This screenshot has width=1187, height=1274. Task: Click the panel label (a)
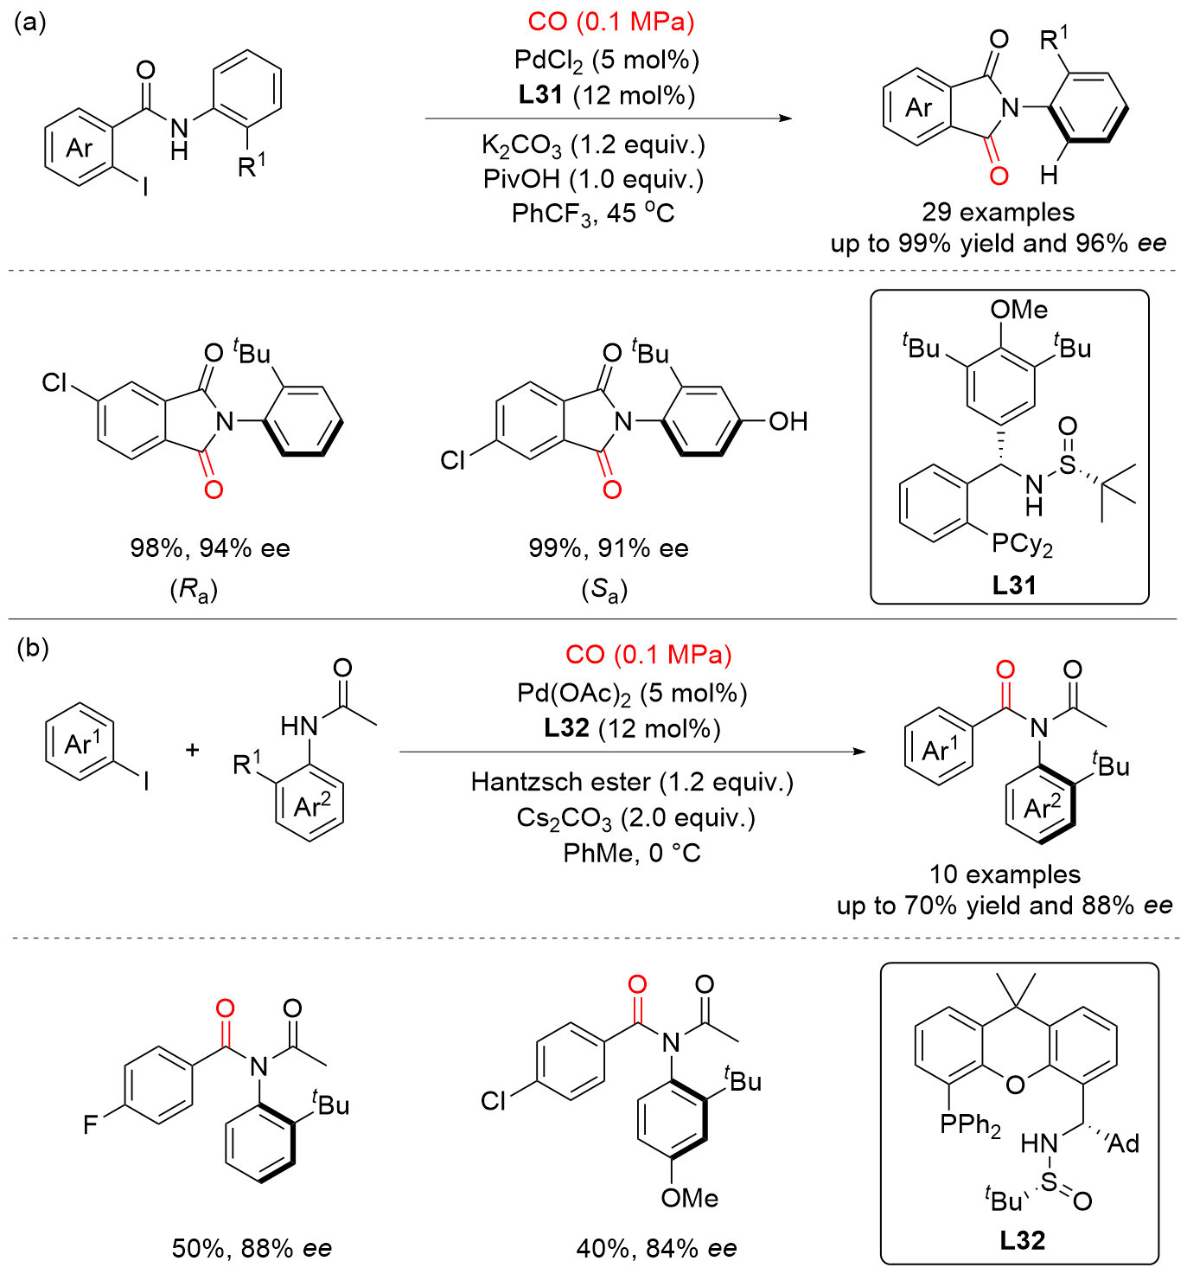pyautogui.click(x=30, y=22)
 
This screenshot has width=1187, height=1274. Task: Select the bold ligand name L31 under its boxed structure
pyautogui.click(x=1013, y=586)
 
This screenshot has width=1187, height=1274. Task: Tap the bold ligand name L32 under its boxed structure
pyautogui.click(x=1022, y=1240)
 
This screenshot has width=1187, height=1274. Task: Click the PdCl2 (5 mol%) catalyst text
pyautogui.click(x=606, y=60)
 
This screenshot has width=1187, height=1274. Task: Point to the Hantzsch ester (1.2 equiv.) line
pyautogui.click(x=632, y=782)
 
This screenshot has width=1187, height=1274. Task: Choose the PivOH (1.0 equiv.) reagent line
pyautogui.click(x=593, y=178)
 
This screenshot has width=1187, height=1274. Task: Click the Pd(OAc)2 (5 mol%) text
pyautogui.click(x=632, y=693)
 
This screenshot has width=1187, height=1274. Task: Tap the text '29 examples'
pyautogui.click(x=998, y=212)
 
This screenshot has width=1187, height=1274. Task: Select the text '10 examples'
pyautogui.click(x=1005, y=874)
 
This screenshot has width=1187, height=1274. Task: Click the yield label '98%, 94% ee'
pyautogui.click(x=210, y=548)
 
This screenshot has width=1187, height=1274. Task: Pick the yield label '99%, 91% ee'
pyautogui.click(x=609, y=548)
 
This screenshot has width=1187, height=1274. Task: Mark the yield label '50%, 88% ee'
pyautogui.click(x=252, y=1248)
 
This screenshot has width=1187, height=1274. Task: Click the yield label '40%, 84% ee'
pyautogui.click(x=656, y=1248)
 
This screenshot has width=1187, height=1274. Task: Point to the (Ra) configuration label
pyautogui.click(x=194, y=591)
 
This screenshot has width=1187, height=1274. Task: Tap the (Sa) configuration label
pyautogui.click(x=603, y=591)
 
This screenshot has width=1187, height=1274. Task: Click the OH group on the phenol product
pyautogui.click(x=788, y=422)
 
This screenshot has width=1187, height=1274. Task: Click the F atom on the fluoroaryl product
pyautogui.click(x=91, y=1124)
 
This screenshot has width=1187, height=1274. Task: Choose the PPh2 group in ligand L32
pyautogui.click(x=970, y=1125)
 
